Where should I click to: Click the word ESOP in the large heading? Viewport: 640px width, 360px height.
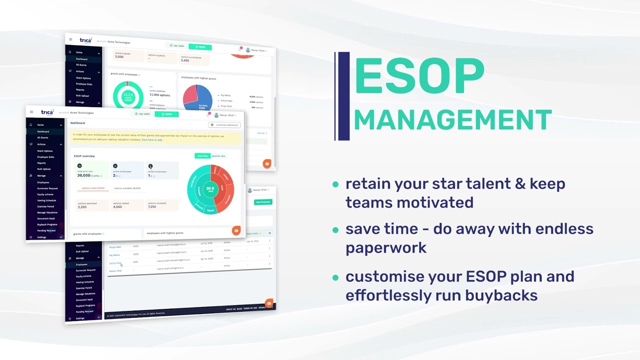419,76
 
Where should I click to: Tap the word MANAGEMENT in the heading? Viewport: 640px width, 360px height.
452,120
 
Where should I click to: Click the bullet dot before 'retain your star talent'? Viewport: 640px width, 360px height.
335,184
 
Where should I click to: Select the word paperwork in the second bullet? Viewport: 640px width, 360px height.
385,248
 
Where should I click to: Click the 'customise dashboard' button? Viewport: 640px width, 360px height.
224,125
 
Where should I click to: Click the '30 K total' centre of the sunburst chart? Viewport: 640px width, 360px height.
210,189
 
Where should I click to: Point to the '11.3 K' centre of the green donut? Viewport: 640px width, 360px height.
128,95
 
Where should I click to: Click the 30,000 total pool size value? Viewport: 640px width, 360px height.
84,175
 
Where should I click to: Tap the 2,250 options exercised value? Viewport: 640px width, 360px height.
82,206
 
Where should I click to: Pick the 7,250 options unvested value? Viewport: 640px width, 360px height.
152,206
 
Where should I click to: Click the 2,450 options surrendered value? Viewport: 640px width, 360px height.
185,60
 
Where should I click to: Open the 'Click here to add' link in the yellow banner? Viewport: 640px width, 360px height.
152,140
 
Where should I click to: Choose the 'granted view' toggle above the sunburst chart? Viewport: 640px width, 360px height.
218,156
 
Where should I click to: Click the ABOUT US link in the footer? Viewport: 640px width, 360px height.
230,309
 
